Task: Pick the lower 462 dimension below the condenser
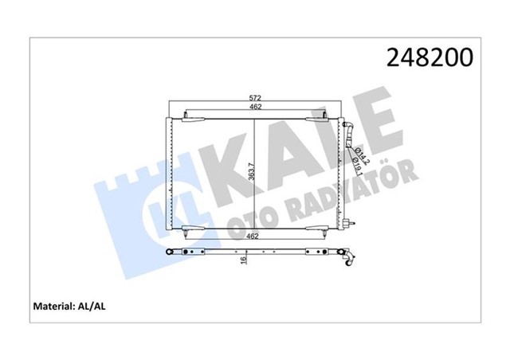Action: [254, 237]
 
